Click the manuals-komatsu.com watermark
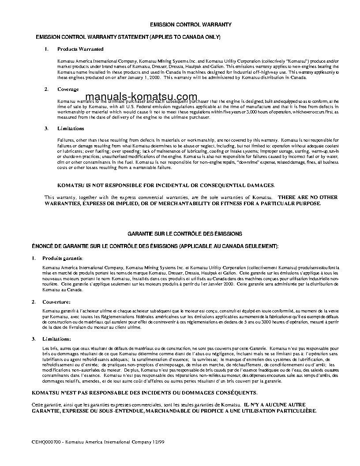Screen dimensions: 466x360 coord(141,97)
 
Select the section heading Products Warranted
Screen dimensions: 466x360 coord(80,49)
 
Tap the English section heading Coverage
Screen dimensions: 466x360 coord(68,89)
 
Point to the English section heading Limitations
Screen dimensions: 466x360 coord(71,128)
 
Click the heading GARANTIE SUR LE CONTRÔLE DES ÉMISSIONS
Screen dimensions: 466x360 coord(185,233)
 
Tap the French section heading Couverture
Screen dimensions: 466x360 coord(56,302)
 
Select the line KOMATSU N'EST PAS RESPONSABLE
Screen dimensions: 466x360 coord(144,392)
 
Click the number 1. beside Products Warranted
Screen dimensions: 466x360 coord(46,49)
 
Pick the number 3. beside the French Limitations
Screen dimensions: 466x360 coord(34,339)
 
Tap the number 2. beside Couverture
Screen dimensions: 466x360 coord(34,302)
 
